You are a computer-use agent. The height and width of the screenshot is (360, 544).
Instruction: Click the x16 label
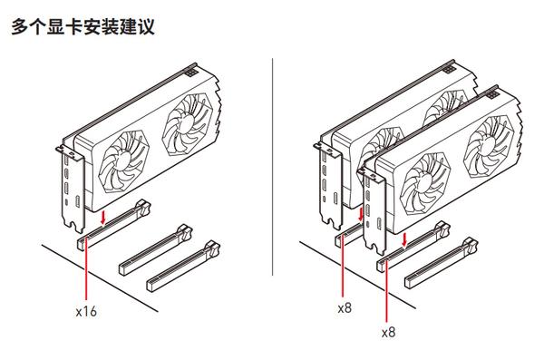coord(86,312)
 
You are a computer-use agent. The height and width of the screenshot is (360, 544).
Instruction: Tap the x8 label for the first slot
coord(344,308)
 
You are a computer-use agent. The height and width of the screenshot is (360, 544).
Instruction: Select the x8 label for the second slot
coord(388,332)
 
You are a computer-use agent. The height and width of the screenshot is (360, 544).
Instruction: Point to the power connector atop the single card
coord(190,69)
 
